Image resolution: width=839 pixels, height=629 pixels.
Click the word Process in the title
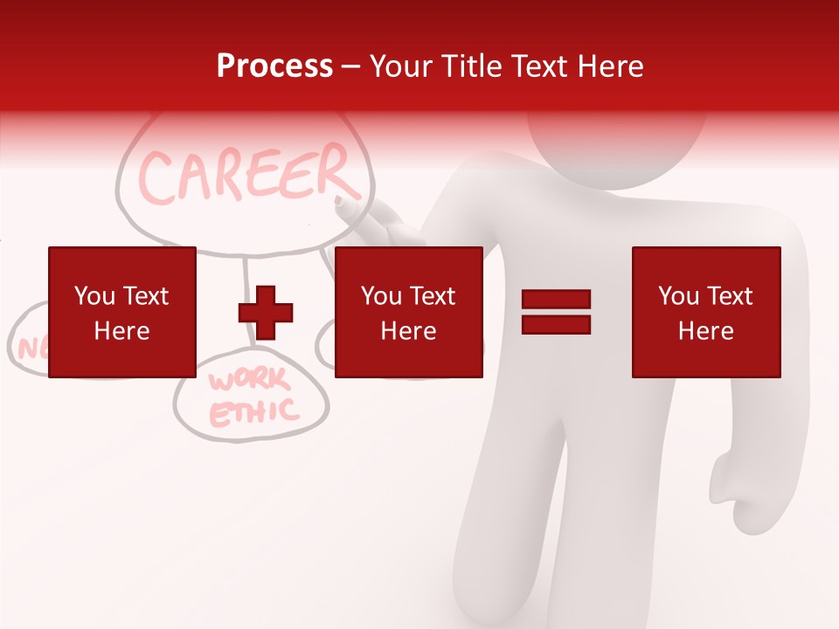(274, 66)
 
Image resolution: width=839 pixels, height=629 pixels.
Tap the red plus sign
(266, 312)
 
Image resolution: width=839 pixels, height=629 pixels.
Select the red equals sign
(556, 312)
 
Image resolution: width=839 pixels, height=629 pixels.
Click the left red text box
(121, 312)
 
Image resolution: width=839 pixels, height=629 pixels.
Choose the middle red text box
(408, 312)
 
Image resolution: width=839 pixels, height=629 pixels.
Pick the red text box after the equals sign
(705, 312)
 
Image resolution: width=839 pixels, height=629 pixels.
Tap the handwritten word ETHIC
(253, 411)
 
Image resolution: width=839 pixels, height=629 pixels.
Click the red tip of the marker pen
(341, 202)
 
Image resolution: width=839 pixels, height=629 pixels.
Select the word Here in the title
(612, 66)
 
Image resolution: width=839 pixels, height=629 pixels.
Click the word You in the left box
(95, 296)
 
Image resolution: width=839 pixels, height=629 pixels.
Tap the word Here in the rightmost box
(705, 331)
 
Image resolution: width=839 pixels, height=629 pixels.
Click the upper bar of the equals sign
(556, 300)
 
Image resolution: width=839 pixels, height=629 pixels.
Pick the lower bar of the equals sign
(556, 324)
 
